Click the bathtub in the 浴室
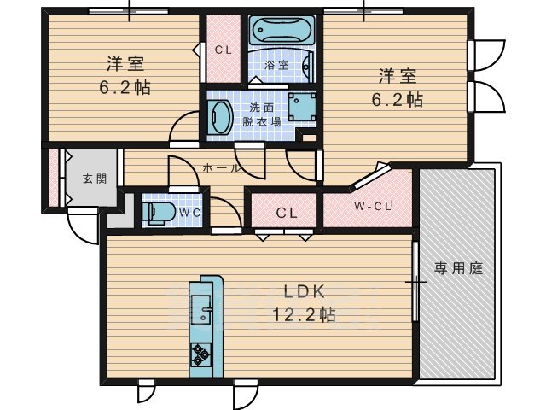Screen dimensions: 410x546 click(282, 35)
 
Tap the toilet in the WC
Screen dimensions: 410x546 click(159, 211)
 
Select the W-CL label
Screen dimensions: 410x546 click(372, 206)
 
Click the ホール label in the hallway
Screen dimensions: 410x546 click(221, 168)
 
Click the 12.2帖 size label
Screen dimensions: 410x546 click(303, 314)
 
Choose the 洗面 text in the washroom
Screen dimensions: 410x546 click(262, 108)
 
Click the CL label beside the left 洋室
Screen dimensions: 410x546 click(224, 50)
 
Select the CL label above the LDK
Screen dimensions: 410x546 click(287, 212)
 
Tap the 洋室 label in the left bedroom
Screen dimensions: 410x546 click(125, 63)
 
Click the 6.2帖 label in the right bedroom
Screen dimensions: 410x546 click(397, 98)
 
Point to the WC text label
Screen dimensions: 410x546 click(189, 211)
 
